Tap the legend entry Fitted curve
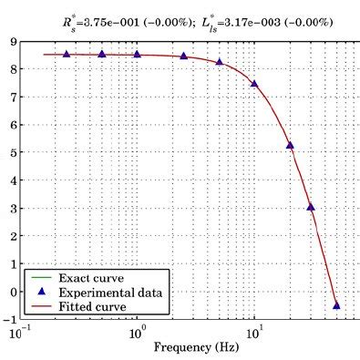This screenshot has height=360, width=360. [97, 308]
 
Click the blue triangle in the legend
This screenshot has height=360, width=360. [41, 293]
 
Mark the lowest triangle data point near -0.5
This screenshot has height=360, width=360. [336, 305]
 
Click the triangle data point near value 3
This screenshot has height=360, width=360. [311, 207]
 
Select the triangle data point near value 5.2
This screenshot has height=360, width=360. [290, 145]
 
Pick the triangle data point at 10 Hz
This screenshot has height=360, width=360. [254, 84]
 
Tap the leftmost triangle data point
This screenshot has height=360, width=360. [67, 54]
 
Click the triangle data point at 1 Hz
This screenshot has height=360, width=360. [137, 55]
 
